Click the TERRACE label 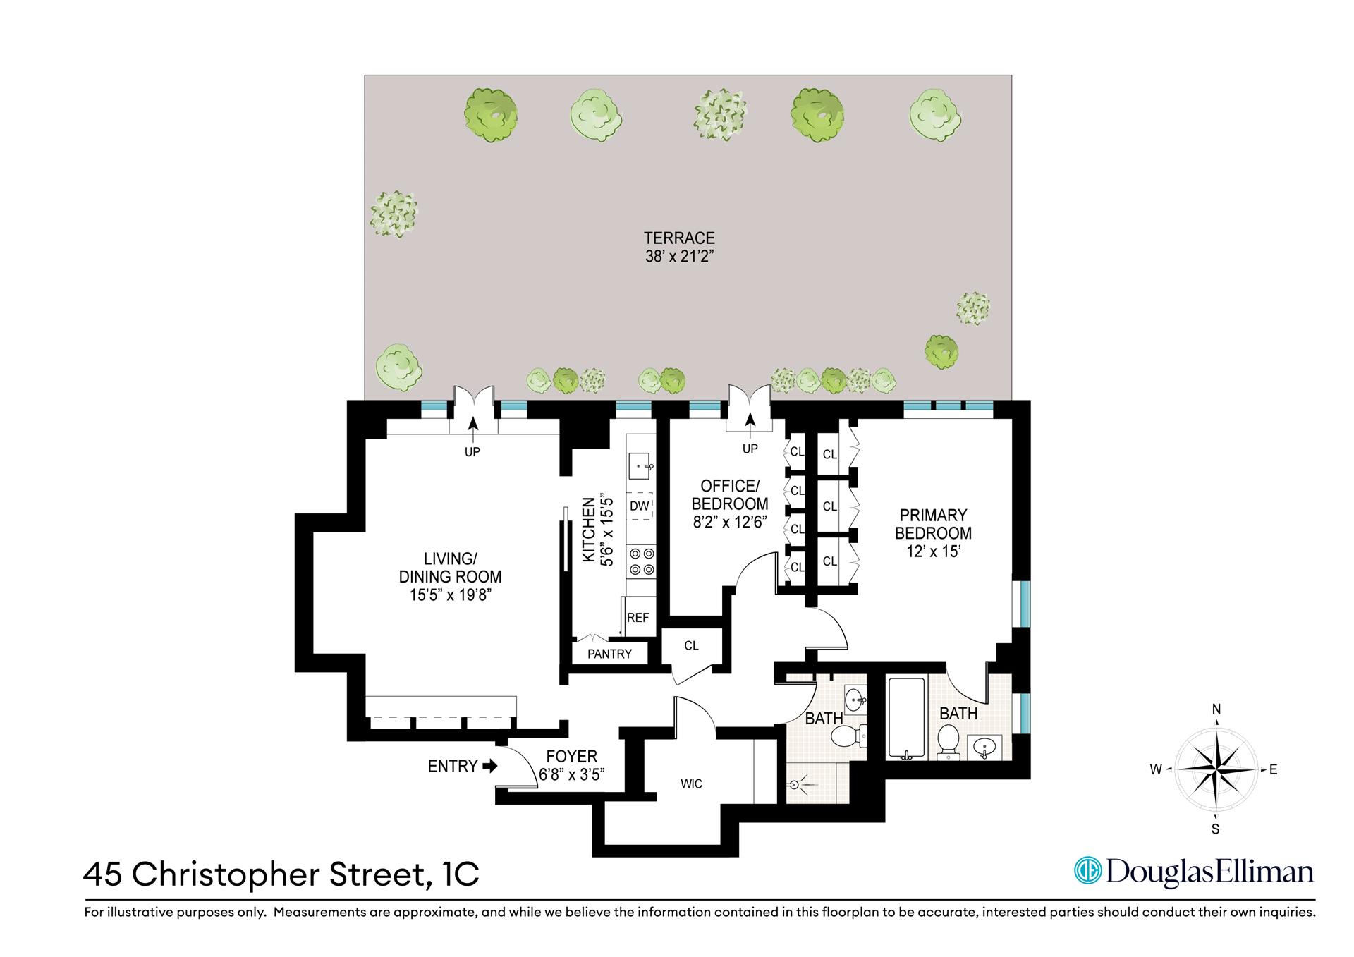point(679,238)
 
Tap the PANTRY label point(609,654)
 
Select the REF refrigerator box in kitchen point(638,617)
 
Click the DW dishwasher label point(639,506)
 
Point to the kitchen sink point(641,465)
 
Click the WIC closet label point(691,784)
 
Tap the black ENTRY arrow point(490,766)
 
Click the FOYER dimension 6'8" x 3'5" point(572,774)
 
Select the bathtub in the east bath point(906,718)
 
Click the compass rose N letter point(1216,709)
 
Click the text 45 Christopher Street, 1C point(281,874)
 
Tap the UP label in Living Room point(472,451)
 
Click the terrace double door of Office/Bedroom point(750,409)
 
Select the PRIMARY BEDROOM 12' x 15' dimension point(933,551)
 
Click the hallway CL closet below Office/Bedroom point(691,645)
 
